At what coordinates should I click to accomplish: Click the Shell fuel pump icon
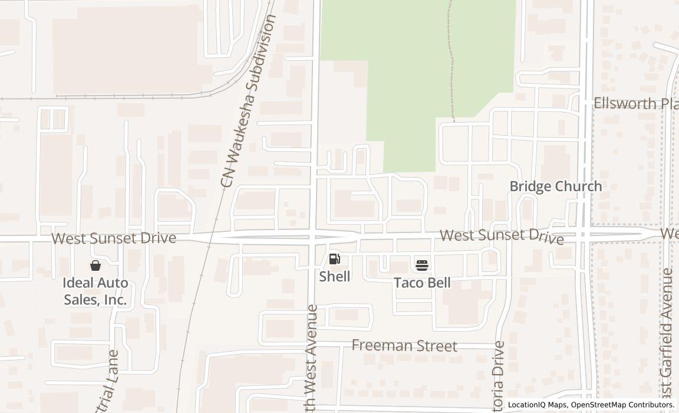334,258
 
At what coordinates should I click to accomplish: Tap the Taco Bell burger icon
422,265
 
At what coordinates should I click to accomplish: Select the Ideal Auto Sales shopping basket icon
95,265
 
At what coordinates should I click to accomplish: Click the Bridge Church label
555,186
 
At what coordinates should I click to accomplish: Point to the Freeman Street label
404,346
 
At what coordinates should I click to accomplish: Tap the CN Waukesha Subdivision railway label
248,101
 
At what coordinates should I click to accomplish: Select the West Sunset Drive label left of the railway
114,238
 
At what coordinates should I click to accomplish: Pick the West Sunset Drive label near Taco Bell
502,236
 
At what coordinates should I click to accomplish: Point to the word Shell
335,276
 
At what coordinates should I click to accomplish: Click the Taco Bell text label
422,283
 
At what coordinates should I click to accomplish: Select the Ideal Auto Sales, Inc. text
95,291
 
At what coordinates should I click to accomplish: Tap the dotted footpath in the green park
451,59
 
